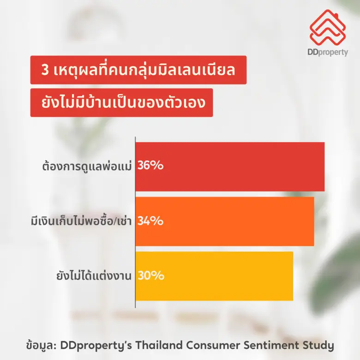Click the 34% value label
pyautogui.click(x=150, y=222)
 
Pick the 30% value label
pyautogui.click(x=150, y=276)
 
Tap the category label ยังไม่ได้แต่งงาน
pyautogui.click(x=92, y=276)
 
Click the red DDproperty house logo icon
pyautogui.click(x=327, y=27)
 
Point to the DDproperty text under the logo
pyautogui.click(x=327, y=52)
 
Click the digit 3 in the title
pyautogui.click(x=45, y=71)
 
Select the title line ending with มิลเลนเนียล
pyautogui.click(x=138, y=71)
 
